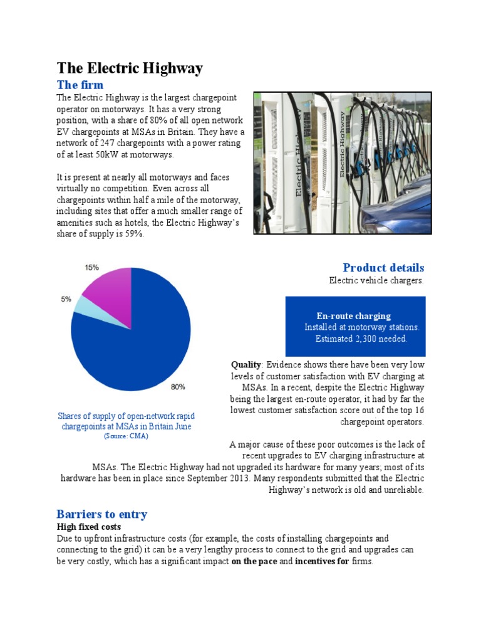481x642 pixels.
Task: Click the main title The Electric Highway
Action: (130, 68)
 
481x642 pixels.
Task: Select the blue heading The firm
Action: (80, 85)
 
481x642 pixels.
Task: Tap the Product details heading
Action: (383, 268)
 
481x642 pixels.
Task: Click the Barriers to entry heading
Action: (101, 514)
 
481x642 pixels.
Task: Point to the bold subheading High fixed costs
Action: (88, 527)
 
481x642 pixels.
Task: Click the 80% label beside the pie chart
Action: (178, 387)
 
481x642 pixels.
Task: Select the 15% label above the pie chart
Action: (91, 267)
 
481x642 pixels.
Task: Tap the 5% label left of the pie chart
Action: (66, 300)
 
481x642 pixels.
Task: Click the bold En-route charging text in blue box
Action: (354, 316)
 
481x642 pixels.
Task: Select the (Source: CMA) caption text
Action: (126, 436)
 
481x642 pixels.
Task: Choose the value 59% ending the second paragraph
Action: (134, 234)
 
